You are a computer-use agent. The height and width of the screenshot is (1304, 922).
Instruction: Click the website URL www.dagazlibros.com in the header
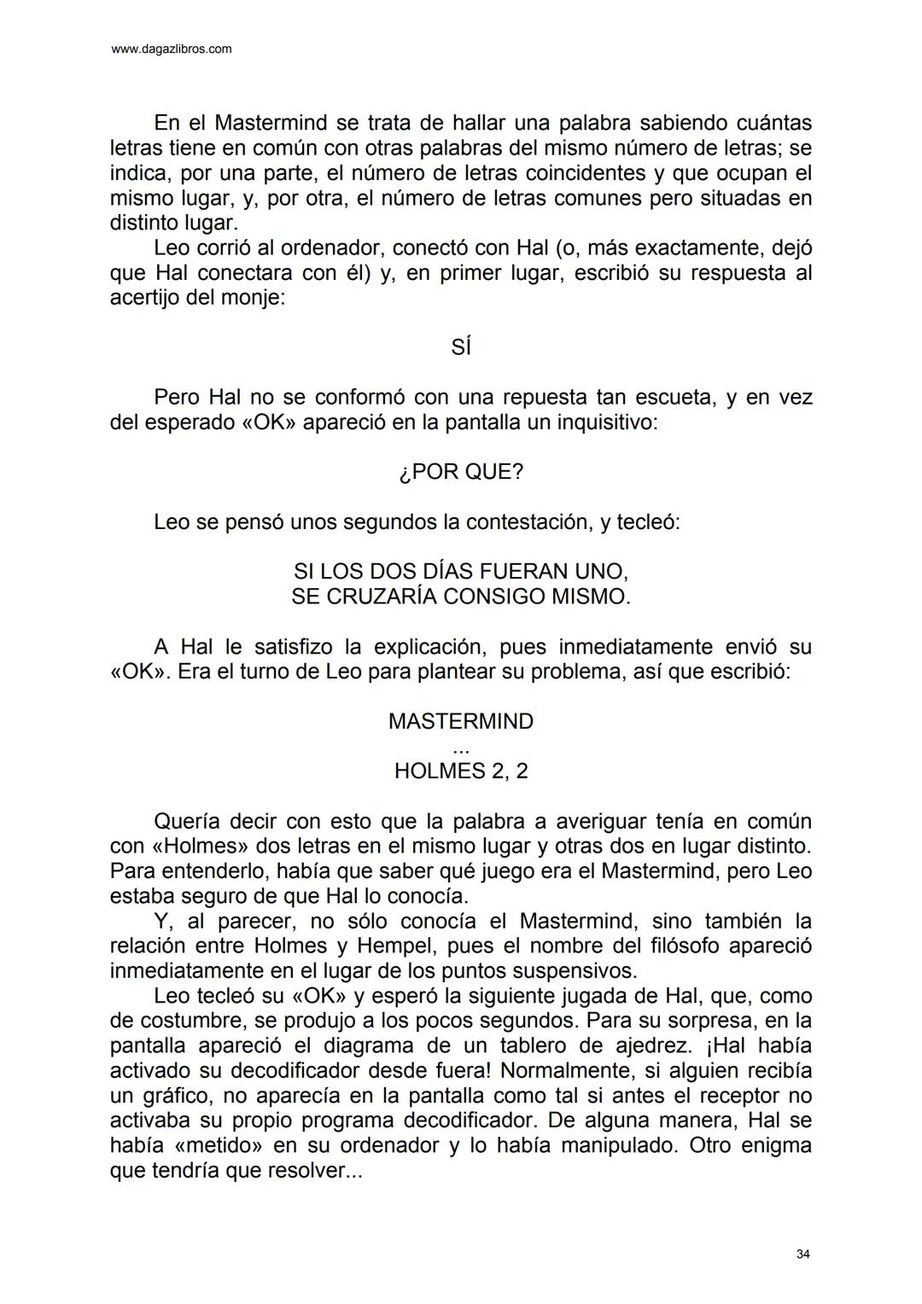pos(172,49)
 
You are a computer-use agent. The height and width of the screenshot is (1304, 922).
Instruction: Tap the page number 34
pos(802,1254)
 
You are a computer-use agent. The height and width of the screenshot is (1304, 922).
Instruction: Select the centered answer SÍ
pos(461,348)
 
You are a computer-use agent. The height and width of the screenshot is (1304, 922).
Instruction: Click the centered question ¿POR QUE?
pos(461,472)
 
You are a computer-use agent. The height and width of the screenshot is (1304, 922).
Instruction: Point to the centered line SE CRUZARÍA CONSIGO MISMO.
pos(461,596)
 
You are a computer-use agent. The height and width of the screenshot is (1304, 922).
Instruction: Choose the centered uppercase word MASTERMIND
pos(461,721)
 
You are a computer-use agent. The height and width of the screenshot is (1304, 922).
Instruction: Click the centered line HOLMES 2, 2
pos(461,771)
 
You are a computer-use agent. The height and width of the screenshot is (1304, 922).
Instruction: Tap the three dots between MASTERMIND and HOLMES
pos(461,748)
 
